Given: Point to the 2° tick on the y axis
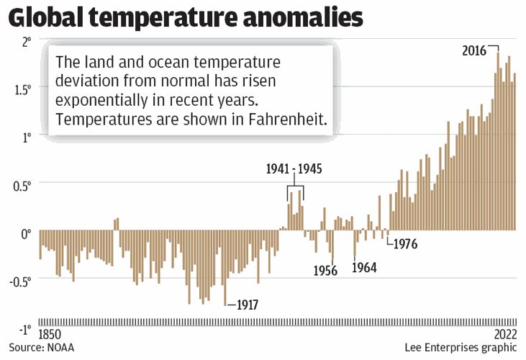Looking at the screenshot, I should (x=26, y=42).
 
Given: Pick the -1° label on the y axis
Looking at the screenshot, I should (x=24, y=329).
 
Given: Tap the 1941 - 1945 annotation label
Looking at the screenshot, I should (x=294, y=170).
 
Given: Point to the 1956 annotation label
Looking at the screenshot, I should (x=327, y=271).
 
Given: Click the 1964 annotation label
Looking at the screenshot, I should (x=364, y=268).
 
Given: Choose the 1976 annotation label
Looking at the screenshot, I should (x=404, y=243).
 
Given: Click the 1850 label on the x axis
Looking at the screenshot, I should (x=50, y=335).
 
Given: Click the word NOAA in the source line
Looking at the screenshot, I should (x=60, y=348).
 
